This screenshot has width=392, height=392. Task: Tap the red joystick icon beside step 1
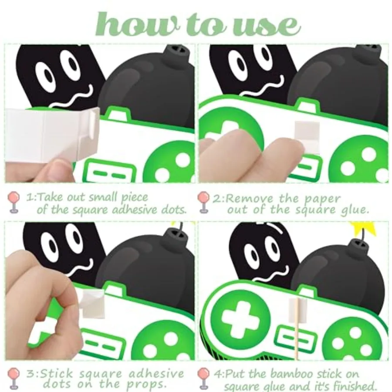(x=14, y=203)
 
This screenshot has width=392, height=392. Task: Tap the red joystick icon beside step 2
(x=203, y=202)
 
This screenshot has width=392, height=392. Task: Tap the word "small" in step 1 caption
(x=104, y=197)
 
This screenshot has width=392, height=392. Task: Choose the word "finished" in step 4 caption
(x=354, y=386)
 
